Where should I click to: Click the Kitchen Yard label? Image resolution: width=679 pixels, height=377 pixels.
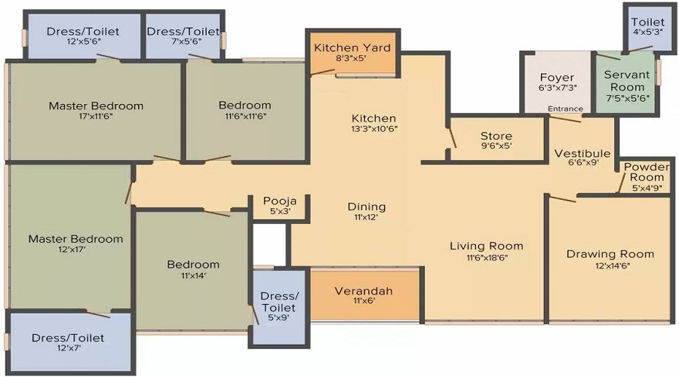click(x=352, y=48)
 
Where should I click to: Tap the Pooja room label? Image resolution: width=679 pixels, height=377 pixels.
click(x=279, y=201)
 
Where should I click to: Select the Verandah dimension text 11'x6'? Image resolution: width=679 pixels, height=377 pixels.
click(x=364, y=301)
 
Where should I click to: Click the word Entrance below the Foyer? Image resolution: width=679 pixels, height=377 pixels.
click(x=565, y=109)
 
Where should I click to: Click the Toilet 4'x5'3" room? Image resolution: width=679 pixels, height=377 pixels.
click(x=648, y=29)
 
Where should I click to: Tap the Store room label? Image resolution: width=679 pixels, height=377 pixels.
click(x=496, y=136)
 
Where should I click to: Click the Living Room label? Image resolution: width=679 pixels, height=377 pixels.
click(x=486, y=246)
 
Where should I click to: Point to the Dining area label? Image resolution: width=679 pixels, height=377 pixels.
click(x=367, y=207)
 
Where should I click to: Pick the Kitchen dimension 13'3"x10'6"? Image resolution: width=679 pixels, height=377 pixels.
click(x=373, y=129)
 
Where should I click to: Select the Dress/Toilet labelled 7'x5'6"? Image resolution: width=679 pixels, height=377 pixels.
click(x=183, y=32)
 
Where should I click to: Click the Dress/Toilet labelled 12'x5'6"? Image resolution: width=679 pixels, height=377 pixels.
click(x=83, y=32)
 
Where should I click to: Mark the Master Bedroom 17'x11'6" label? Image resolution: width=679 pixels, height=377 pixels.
click(x=96, y=106)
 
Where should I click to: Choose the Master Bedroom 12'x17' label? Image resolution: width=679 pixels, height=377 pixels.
click(x=75, y=239)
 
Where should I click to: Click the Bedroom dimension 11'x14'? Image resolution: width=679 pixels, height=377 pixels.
click(x=193, y=277)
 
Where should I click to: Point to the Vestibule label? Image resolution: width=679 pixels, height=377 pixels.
click(x=582, y=154)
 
